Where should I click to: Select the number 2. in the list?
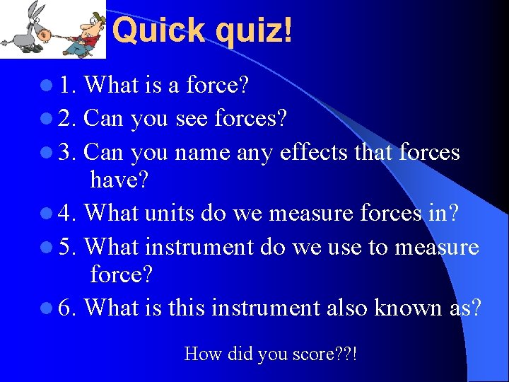point(69,119)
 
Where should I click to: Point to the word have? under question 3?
point(119,181)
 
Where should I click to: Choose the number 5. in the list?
point(69,247)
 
